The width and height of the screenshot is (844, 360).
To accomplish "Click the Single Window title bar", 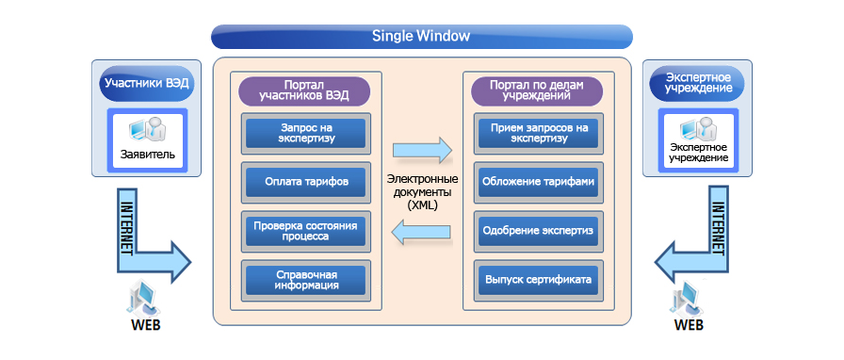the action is click(421, 37).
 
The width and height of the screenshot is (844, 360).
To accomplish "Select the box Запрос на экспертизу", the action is click(306, 133).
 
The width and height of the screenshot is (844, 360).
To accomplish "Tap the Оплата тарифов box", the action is click(306, 182).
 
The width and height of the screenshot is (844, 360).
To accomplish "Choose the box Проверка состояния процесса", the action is click(306, 231).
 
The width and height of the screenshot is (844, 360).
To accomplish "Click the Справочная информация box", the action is click(306, 280).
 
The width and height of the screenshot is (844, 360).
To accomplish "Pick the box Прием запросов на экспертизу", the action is click(538, 133).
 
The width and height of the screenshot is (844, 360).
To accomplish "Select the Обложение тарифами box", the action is click(538, 182).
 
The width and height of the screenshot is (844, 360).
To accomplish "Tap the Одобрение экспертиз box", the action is click(538, 231).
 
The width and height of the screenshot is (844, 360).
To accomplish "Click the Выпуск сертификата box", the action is click(538, 280).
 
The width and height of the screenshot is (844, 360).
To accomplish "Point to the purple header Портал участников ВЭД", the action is click(304, 90).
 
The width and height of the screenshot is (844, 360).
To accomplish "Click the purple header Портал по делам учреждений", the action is click(536, 90).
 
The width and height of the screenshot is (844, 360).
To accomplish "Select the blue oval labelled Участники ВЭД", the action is click(146, 84).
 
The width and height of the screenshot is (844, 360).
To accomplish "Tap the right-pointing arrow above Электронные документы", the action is click(421, 149).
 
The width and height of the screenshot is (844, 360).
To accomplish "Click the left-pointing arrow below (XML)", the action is click(421, 233).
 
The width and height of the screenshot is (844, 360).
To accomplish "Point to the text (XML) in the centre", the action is click(423, 205).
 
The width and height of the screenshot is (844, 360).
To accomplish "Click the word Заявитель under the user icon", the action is click(148, 155).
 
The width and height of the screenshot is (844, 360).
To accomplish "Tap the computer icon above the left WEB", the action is click(142, 298).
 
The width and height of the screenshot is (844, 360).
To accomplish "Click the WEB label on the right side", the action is click(689, 325).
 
